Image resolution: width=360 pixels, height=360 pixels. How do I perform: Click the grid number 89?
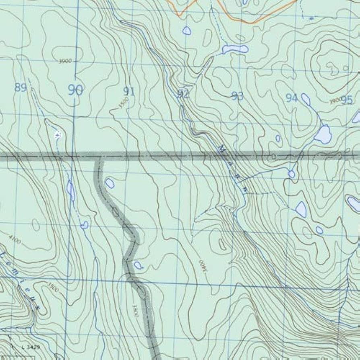click(21, 87)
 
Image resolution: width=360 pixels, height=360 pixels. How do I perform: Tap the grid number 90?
click(75, 90)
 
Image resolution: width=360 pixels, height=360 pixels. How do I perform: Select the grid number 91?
click(129, 91)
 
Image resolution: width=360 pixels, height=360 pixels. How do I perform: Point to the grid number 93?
click(238, 96)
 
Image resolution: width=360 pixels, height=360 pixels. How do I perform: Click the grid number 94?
click(292, 98)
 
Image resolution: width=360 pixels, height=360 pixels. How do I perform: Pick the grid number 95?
click(347, 100)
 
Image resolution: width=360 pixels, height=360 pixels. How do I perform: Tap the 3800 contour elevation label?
click(135, 310)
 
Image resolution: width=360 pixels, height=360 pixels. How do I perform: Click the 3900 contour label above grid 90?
click(65, 61)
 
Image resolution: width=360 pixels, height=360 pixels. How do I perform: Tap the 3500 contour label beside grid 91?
click(123, 103)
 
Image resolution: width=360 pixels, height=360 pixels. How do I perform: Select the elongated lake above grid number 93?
click(235, 49)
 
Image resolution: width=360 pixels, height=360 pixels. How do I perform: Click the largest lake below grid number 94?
click(323, 134)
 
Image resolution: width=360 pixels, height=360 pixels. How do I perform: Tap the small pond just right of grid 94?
click(306, 99)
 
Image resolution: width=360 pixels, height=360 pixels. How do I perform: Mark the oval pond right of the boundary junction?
click(110, 183)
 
